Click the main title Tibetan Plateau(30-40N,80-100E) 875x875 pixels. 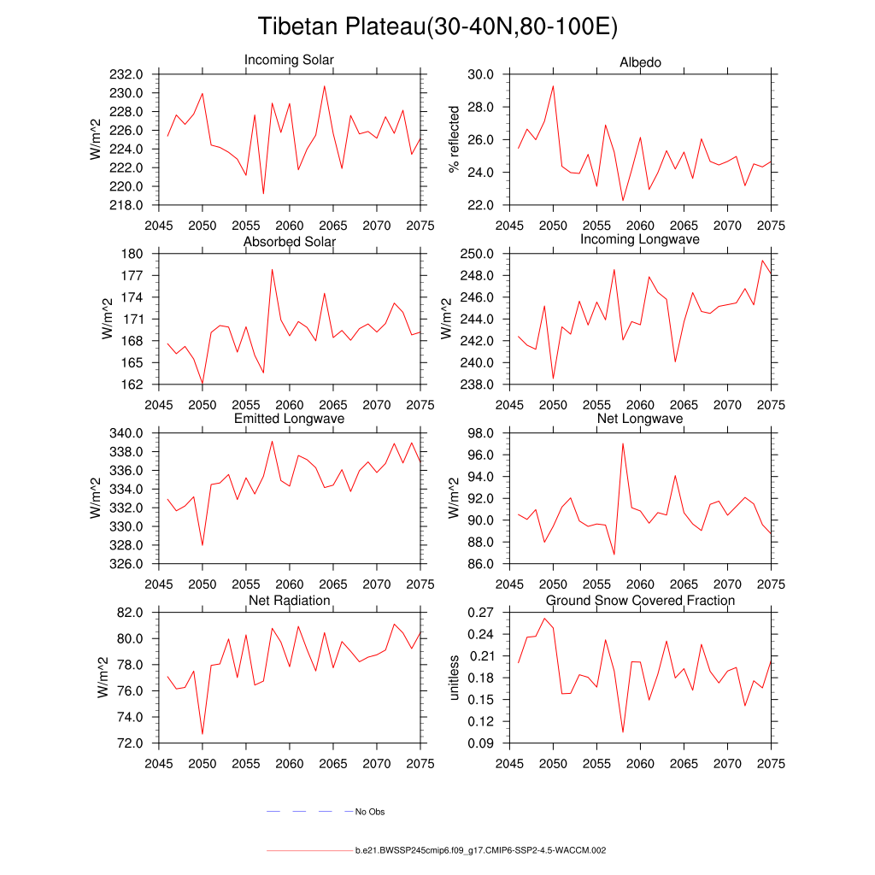(437, 27)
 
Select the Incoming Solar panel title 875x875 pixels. (289, 61)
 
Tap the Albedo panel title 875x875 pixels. (640, 62)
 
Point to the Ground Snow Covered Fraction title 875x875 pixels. (640, 601)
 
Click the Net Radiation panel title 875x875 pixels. (289, 601)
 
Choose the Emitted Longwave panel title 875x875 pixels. (289, 419)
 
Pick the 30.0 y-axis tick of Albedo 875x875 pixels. (481, 74)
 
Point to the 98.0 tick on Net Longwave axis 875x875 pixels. (481, 433)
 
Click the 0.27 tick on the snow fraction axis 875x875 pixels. (481, 613)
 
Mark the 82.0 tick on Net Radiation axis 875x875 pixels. (132, 613)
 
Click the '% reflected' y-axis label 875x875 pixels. (454, 139)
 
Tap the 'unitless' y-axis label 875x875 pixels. (454, 678)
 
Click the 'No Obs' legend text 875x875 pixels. (370, 812)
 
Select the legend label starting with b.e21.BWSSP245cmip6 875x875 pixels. (480, 851)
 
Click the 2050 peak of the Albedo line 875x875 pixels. (553, 85)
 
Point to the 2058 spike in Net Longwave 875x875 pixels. (623, 443)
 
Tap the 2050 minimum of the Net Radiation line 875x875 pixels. (203, 733)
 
